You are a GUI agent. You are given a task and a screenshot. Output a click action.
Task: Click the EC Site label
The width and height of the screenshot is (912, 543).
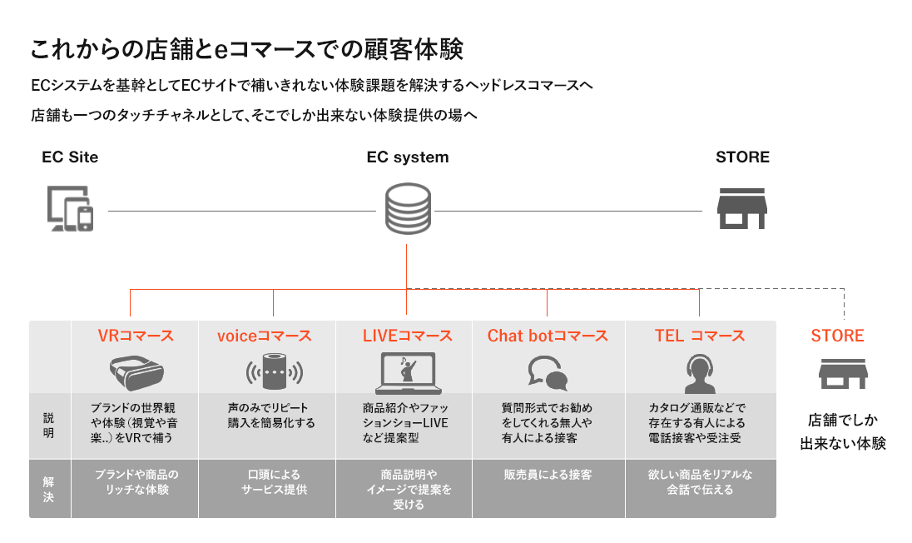70,157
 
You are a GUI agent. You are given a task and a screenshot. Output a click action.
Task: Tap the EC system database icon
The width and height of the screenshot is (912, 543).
407,209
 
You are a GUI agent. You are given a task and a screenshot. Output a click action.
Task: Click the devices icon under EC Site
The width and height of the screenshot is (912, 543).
70,208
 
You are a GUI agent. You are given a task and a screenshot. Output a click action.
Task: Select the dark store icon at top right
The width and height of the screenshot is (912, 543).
742,208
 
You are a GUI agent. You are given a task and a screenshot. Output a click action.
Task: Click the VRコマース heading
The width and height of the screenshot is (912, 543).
136,336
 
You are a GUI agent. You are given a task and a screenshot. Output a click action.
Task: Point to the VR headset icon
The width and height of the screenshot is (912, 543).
136,371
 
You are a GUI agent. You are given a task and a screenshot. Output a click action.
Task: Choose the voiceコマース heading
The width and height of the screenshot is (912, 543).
264,336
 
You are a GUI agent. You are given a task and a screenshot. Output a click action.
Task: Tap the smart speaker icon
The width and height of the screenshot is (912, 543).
272,371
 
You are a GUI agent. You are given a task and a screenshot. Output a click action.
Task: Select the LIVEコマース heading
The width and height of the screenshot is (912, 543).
408,336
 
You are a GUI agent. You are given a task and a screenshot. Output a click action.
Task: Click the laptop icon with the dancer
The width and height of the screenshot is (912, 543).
408,373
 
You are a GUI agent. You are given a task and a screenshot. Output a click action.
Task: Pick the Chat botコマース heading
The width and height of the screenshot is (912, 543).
548,336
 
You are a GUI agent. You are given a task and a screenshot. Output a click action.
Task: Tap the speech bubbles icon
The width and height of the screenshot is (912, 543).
548,373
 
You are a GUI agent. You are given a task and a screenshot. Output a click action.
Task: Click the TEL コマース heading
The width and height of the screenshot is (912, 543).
700,336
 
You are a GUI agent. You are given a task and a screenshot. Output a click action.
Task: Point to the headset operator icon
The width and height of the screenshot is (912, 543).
699,373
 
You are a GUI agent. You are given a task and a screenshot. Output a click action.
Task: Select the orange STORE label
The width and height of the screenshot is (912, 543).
838,336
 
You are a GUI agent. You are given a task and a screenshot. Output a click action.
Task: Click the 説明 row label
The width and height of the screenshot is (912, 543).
49,425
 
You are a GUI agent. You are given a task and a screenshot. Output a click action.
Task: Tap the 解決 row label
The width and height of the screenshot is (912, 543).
49,490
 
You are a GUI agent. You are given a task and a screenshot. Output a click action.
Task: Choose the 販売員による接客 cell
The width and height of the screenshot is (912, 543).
548,475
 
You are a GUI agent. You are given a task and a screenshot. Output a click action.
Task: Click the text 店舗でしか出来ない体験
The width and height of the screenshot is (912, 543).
843,431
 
